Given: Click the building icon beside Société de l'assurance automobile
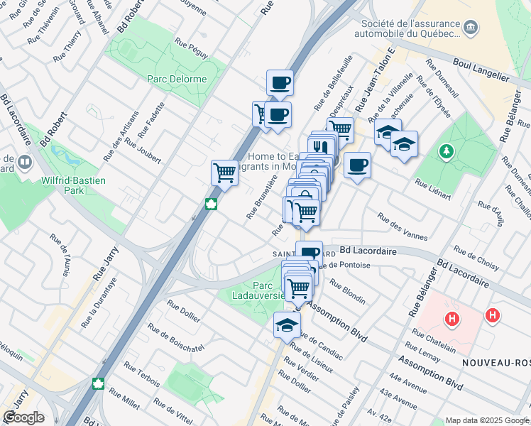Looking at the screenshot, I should point(470,28).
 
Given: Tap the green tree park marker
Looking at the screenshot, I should point(447,151).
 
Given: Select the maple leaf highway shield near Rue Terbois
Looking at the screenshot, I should point(99,383).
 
